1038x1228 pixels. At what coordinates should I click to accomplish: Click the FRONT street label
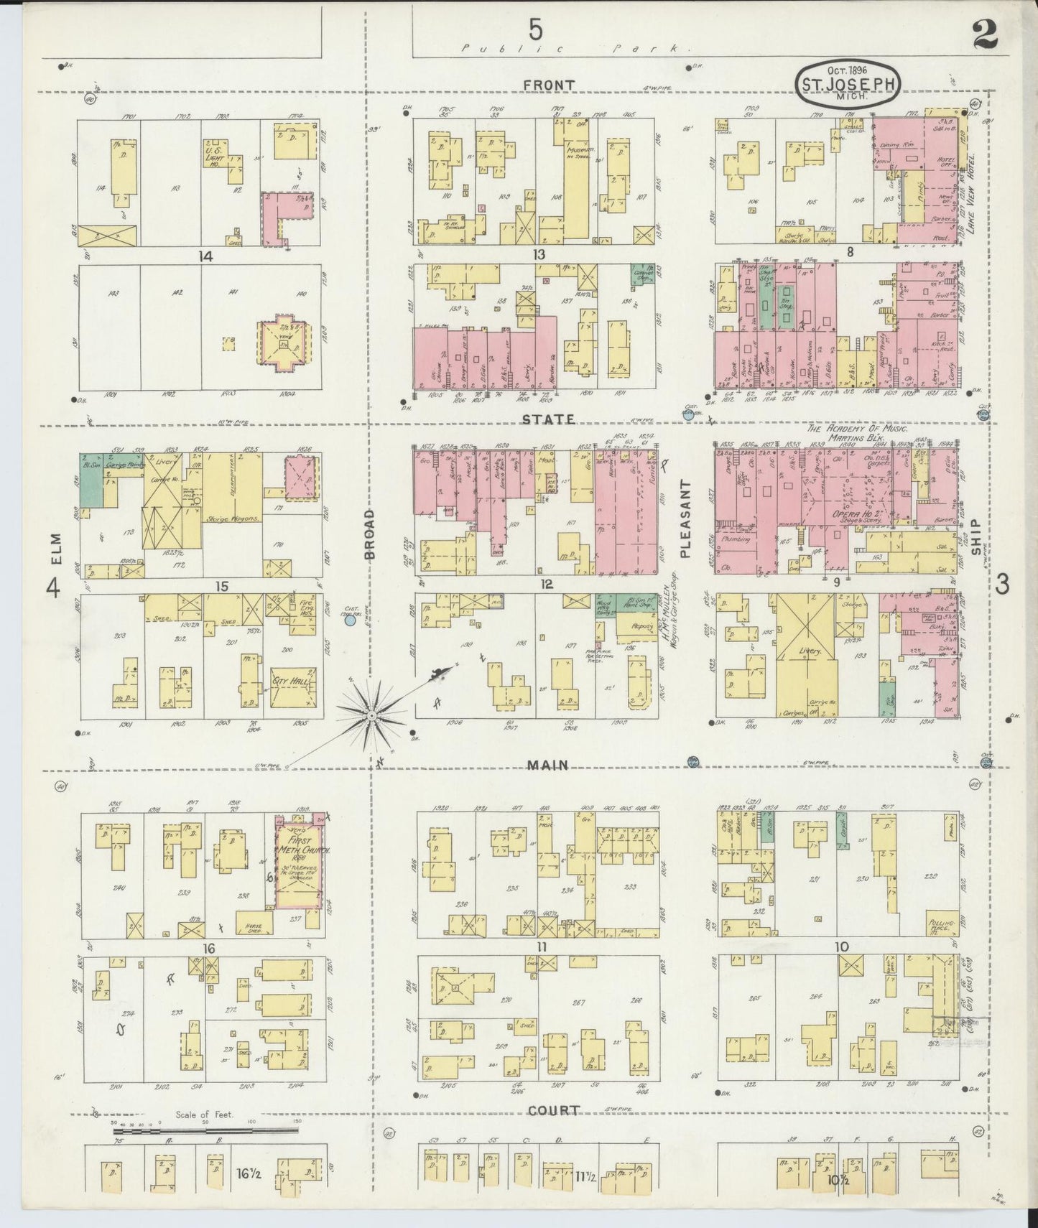click(x=549, y=85)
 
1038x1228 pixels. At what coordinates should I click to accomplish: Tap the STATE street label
click(x=549, y=418)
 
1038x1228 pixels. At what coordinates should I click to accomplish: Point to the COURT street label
click(x=553, y=1130)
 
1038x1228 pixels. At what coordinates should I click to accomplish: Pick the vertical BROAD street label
click(x=370, y=534)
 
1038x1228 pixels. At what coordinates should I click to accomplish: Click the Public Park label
click(x=574, y=49)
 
